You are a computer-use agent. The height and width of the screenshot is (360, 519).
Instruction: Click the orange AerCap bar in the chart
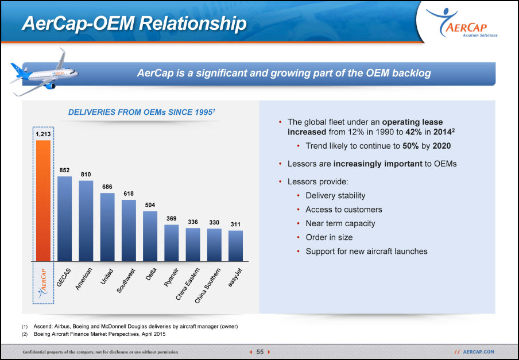44,201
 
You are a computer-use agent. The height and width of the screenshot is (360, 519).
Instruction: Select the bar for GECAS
64,219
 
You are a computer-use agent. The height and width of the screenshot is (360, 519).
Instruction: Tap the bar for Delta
150,236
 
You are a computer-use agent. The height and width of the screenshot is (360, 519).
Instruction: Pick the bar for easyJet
235,246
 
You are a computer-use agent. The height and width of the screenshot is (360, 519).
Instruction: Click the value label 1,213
44,134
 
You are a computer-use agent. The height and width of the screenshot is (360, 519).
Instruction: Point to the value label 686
107,187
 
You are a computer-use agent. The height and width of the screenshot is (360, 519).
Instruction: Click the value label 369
172,219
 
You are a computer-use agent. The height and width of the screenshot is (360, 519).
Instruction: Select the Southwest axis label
126,281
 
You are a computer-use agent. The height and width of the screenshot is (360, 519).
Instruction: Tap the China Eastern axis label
187,284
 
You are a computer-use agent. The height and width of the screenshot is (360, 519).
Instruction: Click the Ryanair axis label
172,277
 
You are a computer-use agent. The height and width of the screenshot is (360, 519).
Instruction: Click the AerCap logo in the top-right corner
462,22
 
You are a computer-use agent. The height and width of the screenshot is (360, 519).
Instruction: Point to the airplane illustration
44,72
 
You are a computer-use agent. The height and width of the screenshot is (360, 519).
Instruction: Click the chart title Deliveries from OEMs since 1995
142,112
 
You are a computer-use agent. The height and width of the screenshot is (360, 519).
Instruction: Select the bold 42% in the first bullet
413,132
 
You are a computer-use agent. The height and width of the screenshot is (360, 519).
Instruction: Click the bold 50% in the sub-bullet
410,146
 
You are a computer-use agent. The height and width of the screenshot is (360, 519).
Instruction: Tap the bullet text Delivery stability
335,196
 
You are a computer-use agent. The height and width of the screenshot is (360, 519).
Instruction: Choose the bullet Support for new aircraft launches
366,251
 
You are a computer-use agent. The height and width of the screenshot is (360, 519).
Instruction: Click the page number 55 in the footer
260,352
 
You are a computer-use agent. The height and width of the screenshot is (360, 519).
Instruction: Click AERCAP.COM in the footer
478,352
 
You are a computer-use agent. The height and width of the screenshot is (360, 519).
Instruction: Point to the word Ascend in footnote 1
41,327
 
